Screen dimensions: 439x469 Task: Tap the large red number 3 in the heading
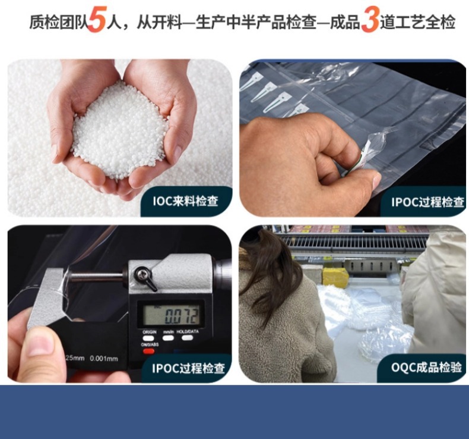pyautogui.click(x=370, y=22)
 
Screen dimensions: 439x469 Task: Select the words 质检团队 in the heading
pyautogui.click(x=58, y=23)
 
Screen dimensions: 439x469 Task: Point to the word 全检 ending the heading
pyautogui.click(x=441, y=23)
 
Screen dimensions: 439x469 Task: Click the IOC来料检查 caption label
pyautogui.click(x=185, y=201)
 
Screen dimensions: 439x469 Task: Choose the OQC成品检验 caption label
pyautogui.click(x=426, y=367)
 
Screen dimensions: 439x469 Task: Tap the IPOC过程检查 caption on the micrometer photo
pyautogui.click(x=188, y=368)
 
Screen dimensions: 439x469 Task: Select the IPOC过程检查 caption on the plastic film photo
pyautogui.click(x=427, y=202)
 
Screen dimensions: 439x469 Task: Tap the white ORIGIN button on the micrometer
pyautogui.click(x=148, y=337)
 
